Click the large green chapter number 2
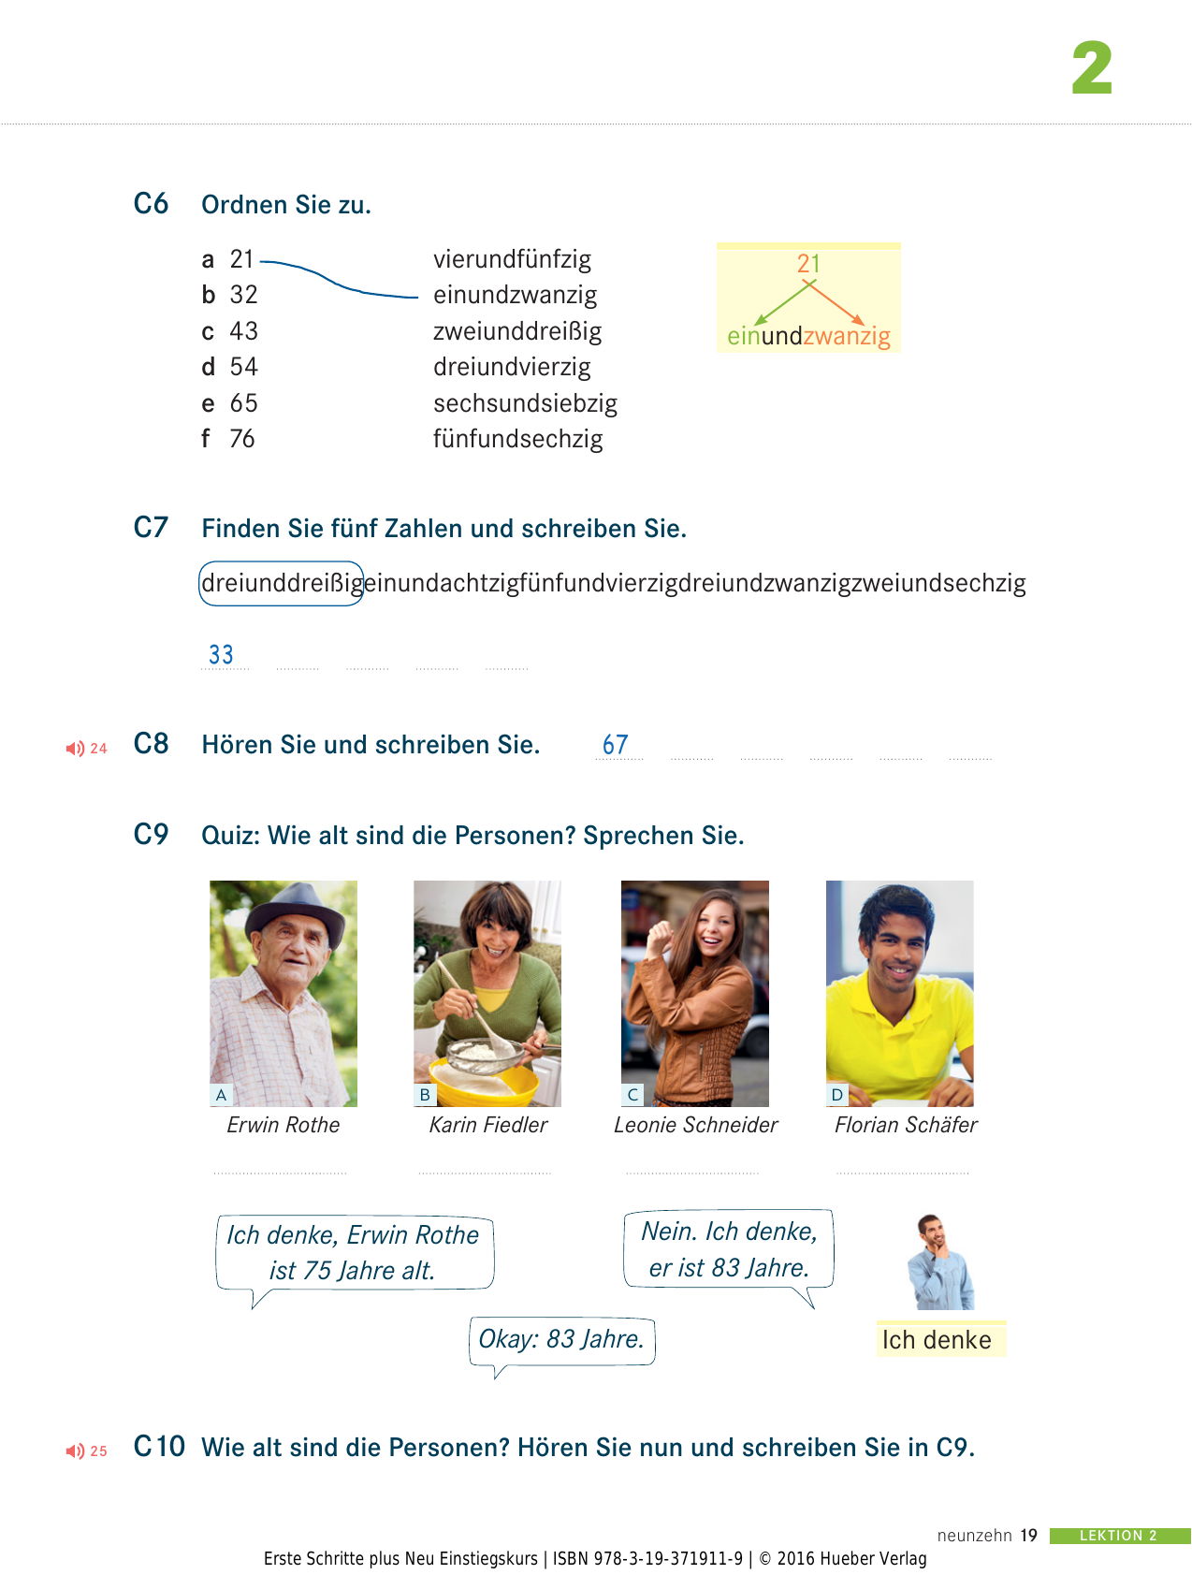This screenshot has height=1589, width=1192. (1092, 68)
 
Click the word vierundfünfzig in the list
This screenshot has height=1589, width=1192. (512, 259)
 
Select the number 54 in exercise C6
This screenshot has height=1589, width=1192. (243, 367)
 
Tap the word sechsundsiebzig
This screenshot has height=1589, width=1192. (525, 403)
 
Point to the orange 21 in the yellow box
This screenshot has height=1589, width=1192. (808, 264)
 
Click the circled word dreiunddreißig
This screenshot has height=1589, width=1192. (282, 583)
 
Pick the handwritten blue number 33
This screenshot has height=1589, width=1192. (222, 654)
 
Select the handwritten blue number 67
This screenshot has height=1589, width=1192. (615, 745)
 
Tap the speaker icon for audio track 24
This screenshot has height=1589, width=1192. (75, 749)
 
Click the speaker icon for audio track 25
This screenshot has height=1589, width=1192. (75, 1451)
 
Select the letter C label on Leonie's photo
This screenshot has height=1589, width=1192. (632, 1095)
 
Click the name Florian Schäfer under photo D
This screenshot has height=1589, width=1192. (905, 1125)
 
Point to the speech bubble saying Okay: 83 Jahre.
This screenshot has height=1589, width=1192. (561, 1339)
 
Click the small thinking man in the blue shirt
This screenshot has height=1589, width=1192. (939, 1263)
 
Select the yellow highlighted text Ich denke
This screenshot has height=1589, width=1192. (938, 1340)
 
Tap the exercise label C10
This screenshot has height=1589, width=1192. (159, 1447)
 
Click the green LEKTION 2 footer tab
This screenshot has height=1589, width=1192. (1118, 1536)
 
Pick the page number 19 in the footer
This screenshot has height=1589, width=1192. (1028, 1536)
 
